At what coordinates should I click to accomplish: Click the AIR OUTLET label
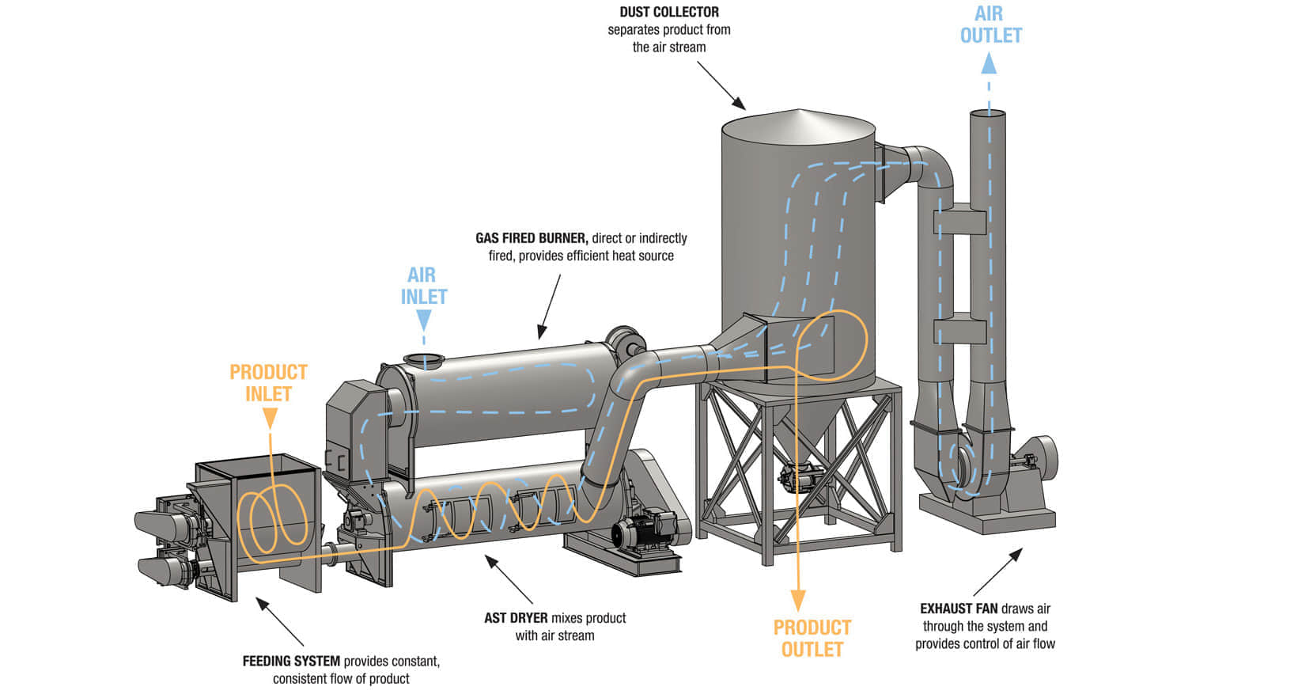tap(990, 25)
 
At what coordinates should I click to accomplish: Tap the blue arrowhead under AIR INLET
tap(424, 321)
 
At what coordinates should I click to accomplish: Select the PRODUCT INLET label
tap(268, 383)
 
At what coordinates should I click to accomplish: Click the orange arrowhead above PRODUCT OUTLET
tap(798, 599)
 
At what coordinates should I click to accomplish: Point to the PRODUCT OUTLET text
tap(812, 639)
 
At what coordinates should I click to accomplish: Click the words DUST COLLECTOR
tap(669, 12)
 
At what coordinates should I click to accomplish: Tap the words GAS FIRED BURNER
tap(532, 238)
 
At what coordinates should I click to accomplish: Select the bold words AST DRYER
tap(517, 618)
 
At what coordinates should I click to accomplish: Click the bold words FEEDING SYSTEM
tap(291, 661)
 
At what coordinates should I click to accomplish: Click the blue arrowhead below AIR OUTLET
tap(989, 63)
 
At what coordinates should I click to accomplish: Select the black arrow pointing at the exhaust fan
tap(998, 571)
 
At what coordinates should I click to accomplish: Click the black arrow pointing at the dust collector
tap(721, 85)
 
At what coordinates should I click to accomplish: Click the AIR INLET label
tap(424, 286)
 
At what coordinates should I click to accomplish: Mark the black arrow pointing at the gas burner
tap(550, 306)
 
